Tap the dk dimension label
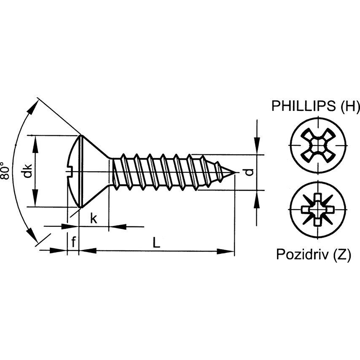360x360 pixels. (x=27, y=171)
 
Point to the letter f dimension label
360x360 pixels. (x=73, y=242)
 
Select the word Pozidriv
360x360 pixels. (x=302, y=254)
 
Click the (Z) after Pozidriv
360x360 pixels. (x=341, y=254)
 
